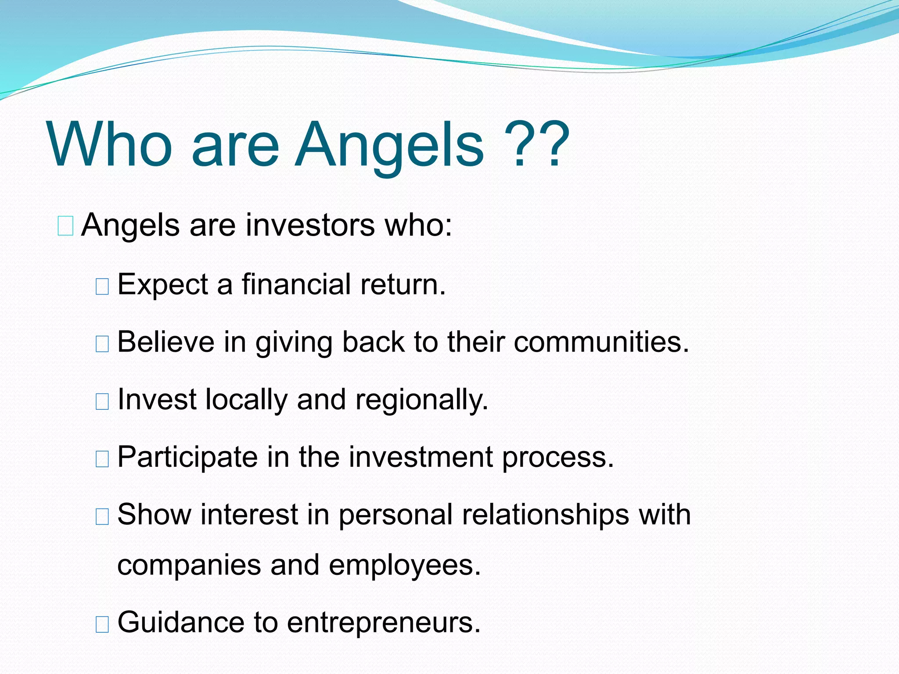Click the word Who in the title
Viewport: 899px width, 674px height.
pos(110,145)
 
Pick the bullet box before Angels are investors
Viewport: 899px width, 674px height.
pos(65,226)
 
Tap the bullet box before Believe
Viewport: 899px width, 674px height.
pos(102,344)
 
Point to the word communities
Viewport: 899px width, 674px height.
pos(601,342)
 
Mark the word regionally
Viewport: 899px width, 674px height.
pos(421,401)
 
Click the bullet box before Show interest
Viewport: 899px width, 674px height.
pos(102,516)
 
